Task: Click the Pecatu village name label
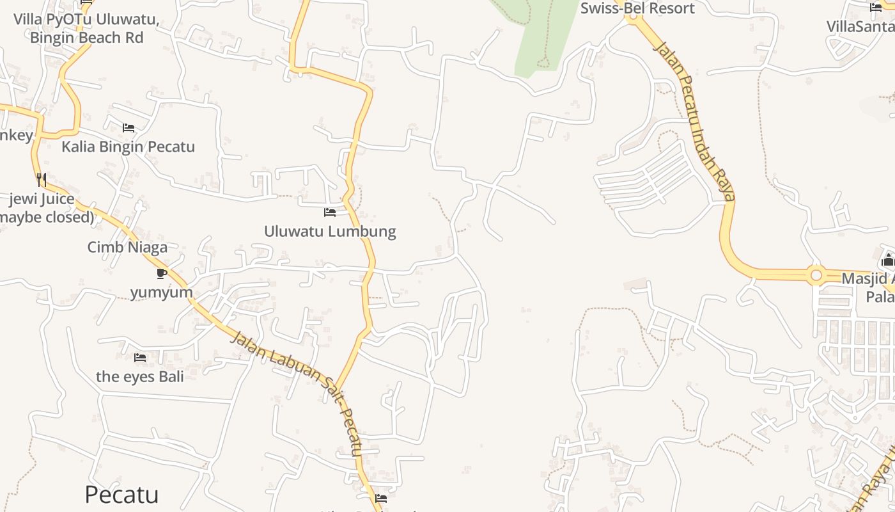[121, 495]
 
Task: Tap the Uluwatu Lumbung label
[330, 231]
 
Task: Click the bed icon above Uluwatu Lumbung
[330, 212]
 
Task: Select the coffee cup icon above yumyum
[162, 273]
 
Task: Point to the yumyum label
[161, 292]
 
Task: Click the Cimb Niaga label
[127, 247]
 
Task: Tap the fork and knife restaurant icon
[42, 179]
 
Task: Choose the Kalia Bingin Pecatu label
[128, 147]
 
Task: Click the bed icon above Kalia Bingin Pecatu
[128, 127]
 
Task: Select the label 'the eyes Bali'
[139, 376]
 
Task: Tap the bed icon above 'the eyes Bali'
[140, 357]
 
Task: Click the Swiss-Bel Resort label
[637, 8]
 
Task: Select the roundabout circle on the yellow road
[816, 276]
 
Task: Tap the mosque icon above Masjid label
[887, 260]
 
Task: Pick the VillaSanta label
[860, 26]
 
